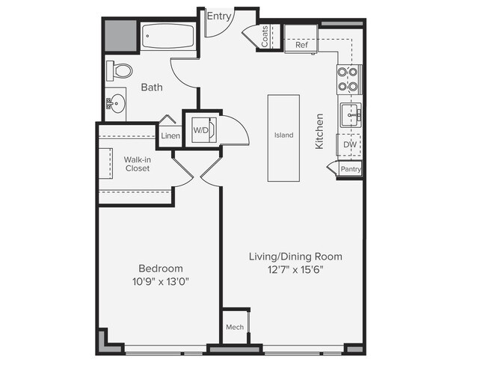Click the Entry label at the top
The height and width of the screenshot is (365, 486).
pyautogui.click(x=219, y=16)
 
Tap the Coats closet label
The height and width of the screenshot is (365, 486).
pyautogui.click(x=265, y=36)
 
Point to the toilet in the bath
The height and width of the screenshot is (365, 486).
pyautogui.click(x=120, y=71)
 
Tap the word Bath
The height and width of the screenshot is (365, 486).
pyautogui.click(x=152, y=88)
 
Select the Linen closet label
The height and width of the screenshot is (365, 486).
pyautogui.click(x=170, y=136)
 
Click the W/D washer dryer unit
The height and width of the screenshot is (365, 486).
pyautogui.click(x=202, y=130)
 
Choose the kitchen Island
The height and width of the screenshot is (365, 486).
pyautogui.click(x=283, y=135)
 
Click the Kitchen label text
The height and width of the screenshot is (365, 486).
pyautogui.click(x=319, y=131)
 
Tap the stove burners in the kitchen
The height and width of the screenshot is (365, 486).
pyautogui.click(x=348, y=79)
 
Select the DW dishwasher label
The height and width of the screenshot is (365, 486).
pyautogui.click(x=349, y=144)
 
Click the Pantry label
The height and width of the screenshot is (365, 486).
pyautogui.click(x=350, y=170)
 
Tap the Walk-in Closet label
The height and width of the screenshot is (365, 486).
pyautogui.click(x=137, y=164)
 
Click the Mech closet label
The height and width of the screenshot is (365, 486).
pyautogui.click(x=234, y=328)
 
